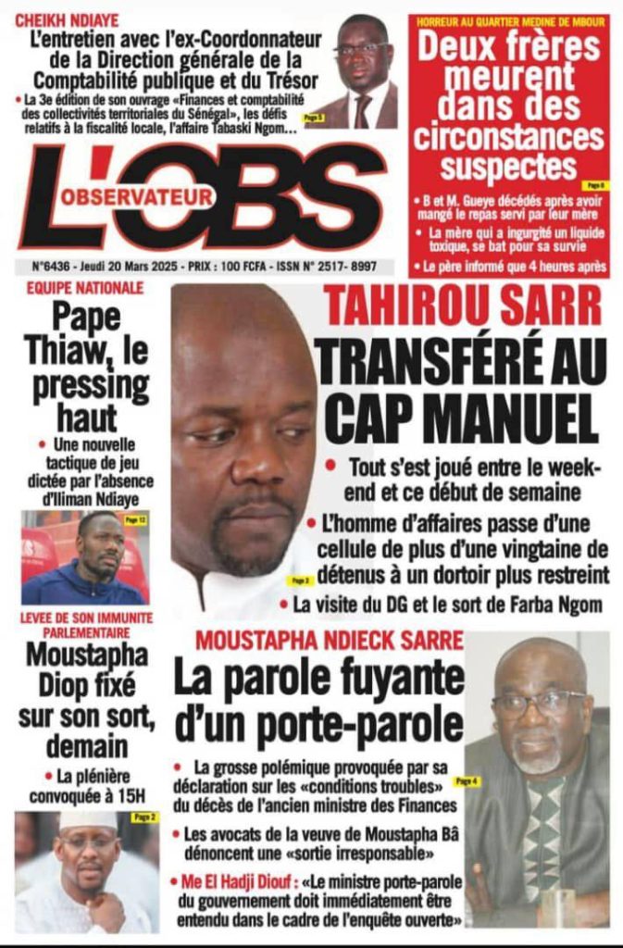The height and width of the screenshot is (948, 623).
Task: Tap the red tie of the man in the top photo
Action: click(x=362, y=111)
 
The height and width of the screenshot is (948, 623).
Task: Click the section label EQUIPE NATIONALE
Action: click(x=84, y=289)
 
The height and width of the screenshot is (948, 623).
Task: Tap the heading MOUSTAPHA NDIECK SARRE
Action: click(x=329, y=640)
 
